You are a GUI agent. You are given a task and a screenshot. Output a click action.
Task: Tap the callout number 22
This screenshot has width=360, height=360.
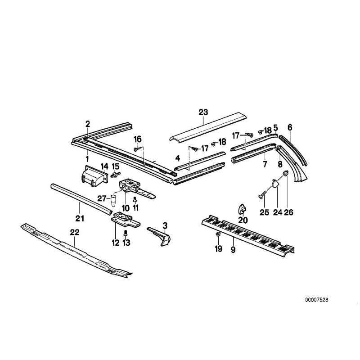coord(75,233)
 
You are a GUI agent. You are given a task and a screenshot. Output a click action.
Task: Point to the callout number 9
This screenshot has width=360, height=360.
coord(233,249)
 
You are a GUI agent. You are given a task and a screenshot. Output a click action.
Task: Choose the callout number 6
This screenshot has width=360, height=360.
coord(290,127)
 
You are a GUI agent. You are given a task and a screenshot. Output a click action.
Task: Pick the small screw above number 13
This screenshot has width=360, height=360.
coord(126,233)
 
